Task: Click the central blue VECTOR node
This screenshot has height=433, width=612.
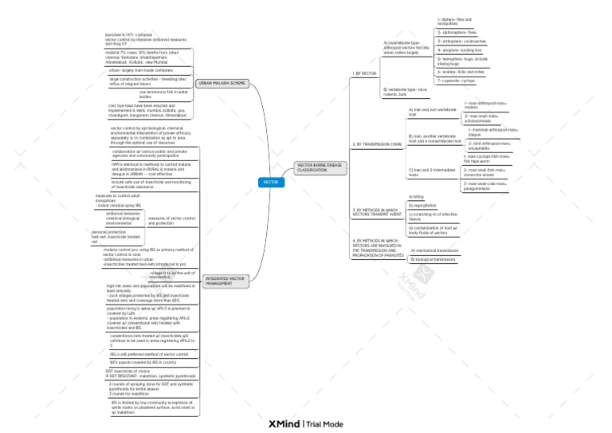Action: pyautogui.click(x=271, y=183)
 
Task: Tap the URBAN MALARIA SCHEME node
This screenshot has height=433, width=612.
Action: pyautogui.click(x=222, y=83)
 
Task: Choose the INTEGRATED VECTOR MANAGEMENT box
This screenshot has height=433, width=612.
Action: pyautogui.click(x=225, y=281)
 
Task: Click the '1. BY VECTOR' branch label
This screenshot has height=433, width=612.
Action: pyautogui.click(x=363, y=73)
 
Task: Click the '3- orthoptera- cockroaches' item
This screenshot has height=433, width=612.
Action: pyautogui.click(x=461, y=41)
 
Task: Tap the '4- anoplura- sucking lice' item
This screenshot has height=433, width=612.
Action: pyautogui.click(x=460, y=49)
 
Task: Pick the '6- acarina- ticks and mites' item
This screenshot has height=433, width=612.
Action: pyautogui.click(x=461, y=71)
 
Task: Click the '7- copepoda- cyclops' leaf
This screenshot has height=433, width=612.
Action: pyautogui.click(x=457, y=81)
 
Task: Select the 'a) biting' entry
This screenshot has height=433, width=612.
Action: pyautogui.click(x=416, y=196)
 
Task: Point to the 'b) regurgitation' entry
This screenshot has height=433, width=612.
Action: pyautogui.click(x=425, y=205)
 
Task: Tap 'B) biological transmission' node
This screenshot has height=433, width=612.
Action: pyautogui.click(x=434, y=259)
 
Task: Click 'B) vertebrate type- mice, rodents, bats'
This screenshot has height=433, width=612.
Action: pyautogui.click(x=406, y=93)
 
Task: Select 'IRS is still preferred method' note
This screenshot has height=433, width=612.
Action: pyautogui.click(x=149, y=353)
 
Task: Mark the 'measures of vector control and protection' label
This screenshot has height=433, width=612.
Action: pyautogui.click(x=171, y=220)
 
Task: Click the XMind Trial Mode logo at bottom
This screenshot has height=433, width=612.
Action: pyautogui.click(x=306, y=424)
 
